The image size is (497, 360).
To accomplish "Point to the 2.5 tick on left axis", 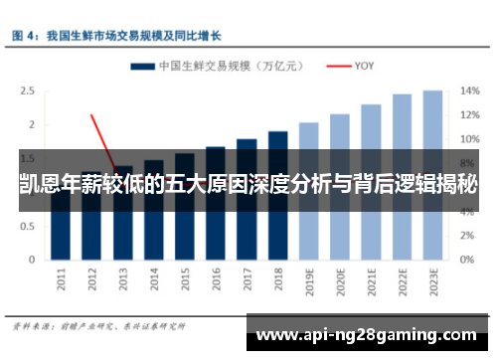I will pyautogui.click(x=27, y=90).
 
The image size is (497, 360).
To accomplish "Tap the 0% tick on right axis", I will pyautogui.click(x=467, y=261).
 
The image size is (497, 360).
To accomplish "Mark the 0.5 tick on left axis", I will pyautogui.click(x=27, y=227).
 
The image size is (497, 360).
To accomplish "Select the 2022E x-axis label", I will pyautogui.click(x=402, y=282).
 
